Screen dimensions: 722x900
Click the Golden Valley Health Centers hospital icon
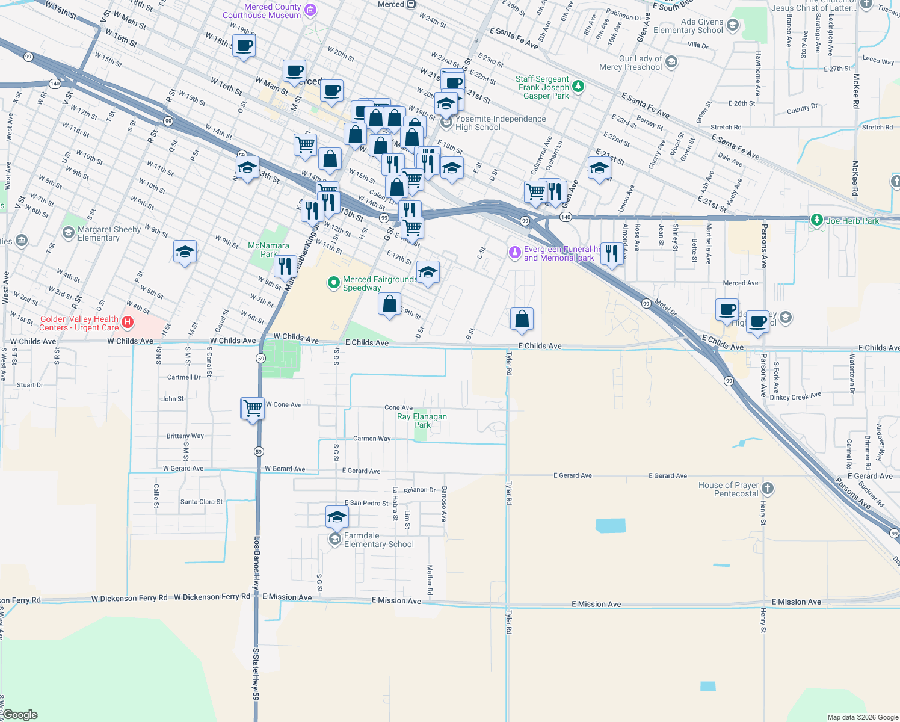coord(128,322)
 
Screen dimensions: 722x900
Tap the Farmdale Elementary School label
coord(378,540)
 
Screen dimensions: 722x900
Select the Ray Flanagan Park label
coord(422,421)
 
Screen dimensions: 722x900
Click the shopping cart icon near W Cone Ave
coord(253,408)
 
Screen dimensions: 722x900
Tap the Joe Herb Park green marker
coord(816,220)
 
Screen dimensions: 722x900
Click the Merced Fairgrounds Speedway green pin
coord(333,283)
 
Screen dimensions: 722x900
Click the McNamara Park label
coord(268,250)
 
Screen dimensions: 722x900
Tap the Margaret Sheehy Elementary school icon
coord(69,232)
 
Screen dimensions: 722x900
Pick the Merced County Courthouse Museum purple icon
coord(310,10)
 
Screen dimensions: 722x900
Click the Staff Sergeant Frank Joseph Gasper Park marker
coord(578,87)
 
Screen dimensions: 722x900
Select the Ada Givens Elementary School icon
coord(732,25)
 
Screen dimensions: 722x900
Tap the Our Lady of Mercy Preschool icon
coord(671,62)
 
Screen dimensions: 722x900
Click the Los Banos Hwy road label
coord(257,563)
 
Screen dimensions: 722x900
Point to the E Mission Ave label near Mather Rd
coord(396,600)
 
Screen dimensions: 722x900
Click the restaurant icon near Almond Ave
coord(611,253)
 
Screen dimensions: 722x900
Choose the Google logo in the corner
coord(20,715)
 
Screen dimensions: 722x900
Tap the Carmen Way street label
coord(371,439)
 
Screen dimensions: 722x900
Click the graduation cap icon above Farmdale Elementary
coord(337,517)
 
